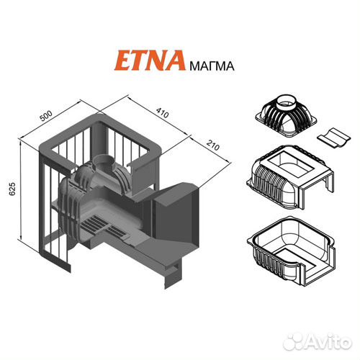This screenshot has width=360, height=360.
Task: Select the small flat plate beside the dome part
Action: (x=333, y=136)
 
